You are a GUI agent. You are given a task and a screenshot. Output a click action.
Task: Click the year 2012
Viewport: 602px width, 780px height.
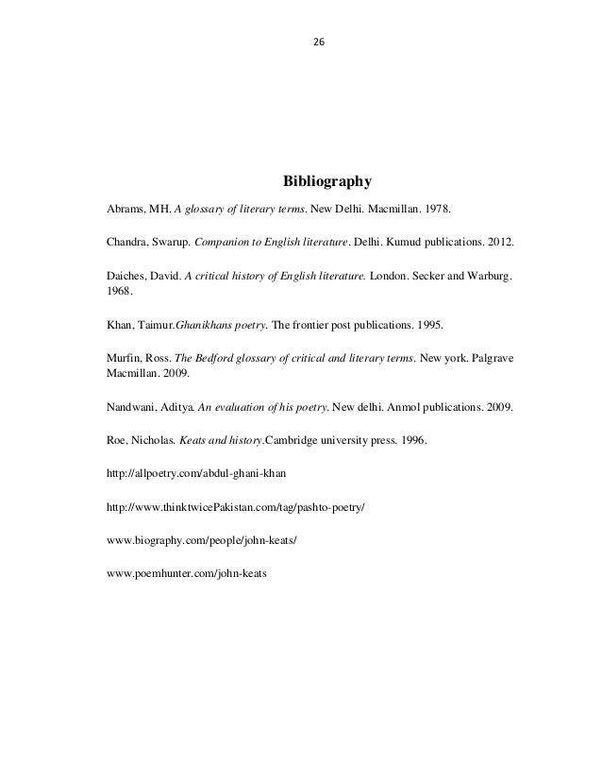501,242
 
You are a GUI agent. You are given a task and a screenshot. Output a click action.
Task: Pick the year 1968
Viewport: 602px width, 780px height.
121,292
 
